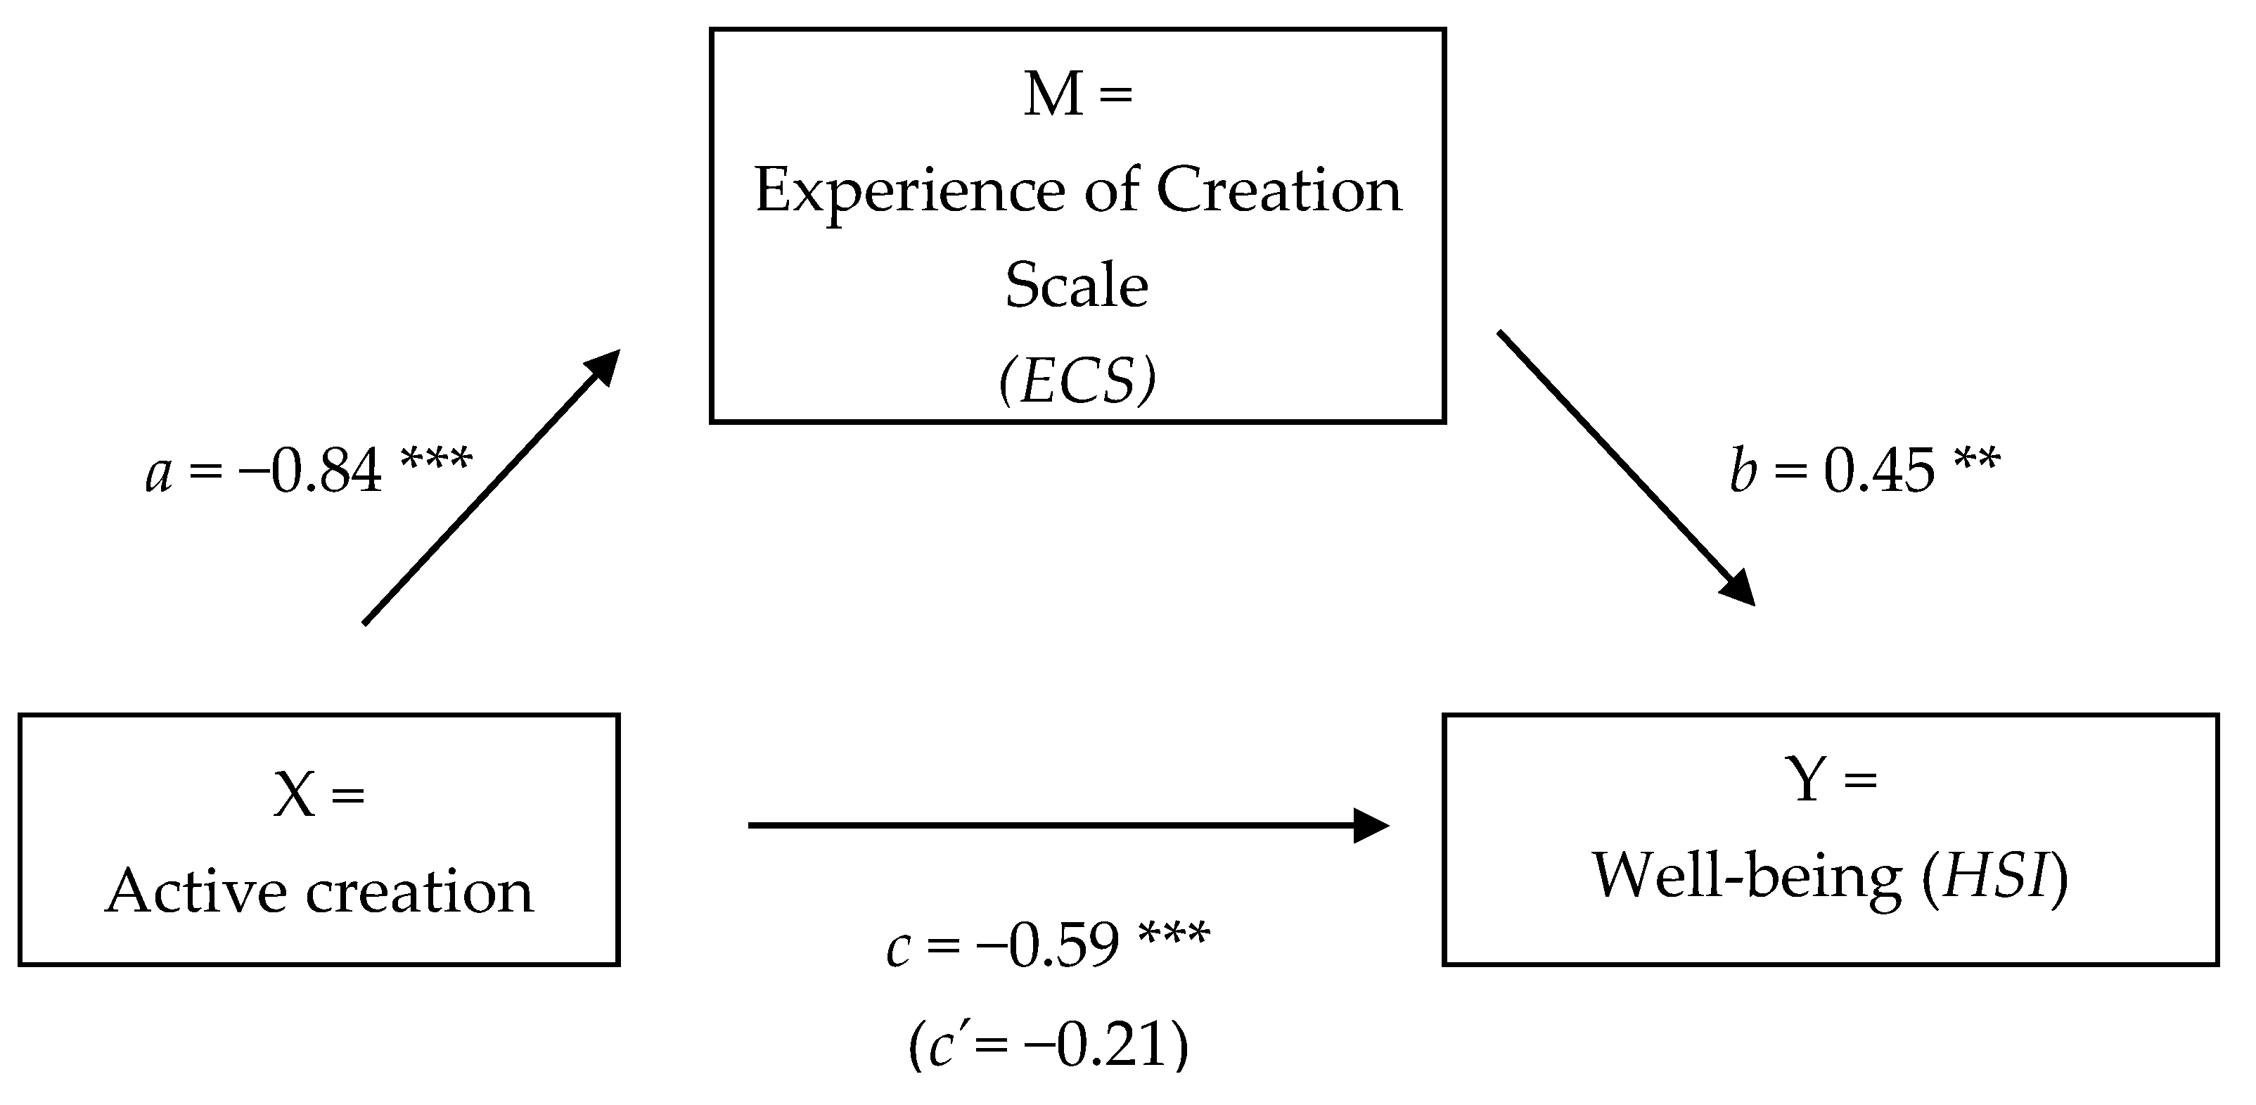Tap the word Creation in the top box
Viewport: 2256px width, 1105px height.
tap(1278, 190)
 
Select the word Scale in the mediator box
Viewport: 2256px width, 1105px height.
tap(1077, 286)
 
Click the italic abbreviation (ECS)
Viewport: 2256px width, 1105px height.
tap(1077, 381)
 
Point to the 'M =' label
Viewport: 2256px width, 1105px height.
tap(1077, 94)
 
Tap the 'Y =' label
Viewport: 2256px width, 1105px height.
tap(1830, 779)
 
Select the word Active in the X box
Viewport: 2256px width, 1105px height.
tap(196, 891)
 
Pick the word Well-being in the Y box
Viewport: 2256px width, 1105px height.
tap(1746, 876)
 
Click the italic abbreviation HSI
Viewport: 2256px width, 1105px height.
tap(1997, 876)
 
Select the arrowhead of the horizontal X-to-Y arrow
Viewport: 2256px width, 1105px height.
tap(1370, 825)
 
